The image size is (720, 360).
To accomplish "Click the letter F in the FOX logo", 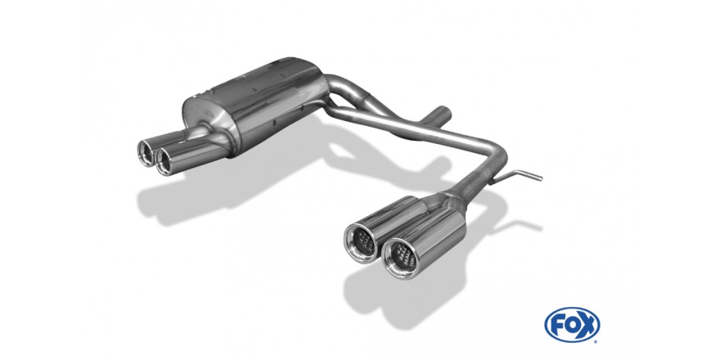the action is pos(558,325).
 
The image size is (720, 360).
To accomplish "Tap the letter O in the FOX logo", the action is pos(572,325).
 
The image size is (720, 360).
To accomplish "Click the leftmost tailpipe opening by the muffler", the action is pos(146,151).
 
